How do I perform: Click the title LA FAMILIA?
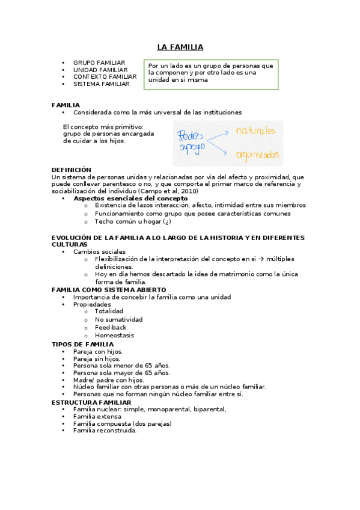180,47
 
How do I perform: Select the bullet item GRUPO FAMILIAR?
99,63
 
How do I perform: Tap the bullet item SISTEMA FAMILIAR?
101,84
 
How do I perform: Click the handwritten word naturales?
255,131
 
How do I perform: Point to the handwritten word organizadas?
257,155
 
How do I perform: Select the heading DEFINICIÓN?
72,170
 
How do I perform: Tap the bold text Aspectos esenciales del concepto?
130,198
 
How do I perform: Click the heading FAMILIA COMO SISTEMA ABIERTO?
109,290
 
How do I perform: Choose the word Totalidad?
109,312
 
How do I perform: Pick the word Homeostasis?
114,335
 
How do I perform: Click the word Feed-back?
111,327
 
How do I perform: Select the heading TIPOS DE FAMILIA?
82,344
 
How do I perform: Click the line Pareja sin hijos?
97,358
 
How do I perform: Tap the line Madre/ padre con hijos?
109,380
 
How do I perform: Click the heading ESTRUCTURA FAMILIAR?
91,402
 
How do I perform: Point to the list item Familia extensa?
97,416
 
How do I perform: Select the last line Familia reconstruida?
105,431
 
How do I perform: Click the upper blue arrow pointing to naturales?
220,133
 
